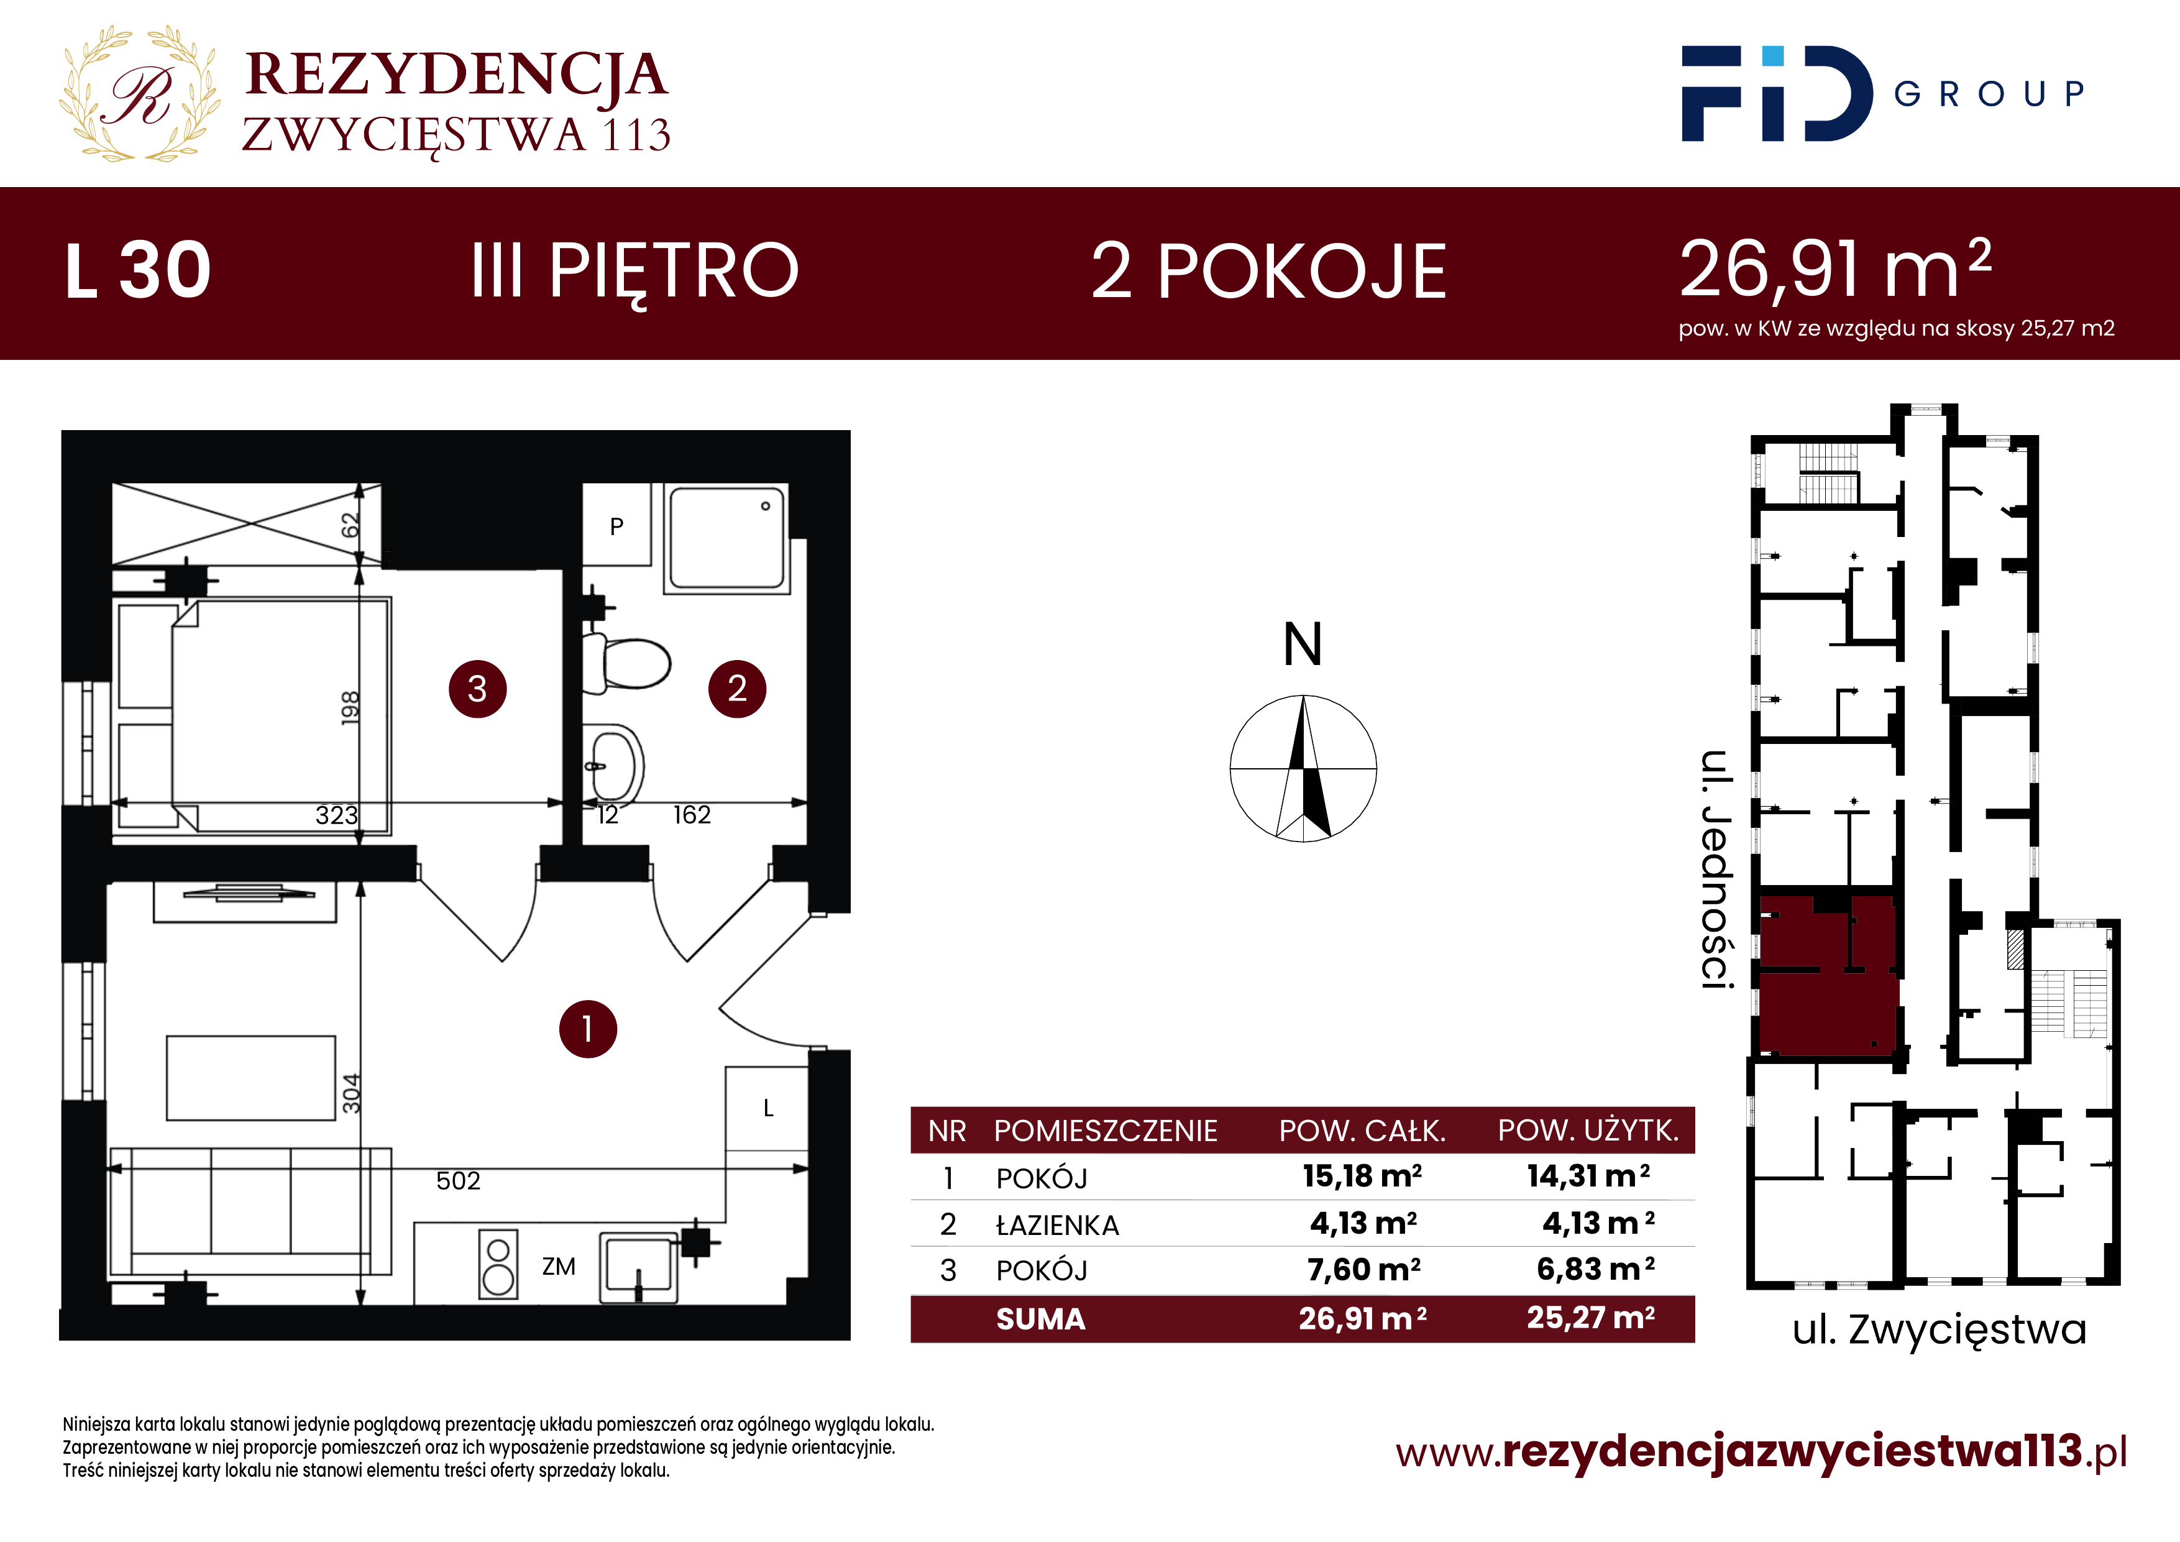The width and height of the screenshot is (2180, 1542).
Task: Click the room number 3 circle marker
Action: point(478,689)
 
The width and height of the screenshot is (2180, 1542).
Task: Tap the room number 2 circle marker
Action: point(737,689)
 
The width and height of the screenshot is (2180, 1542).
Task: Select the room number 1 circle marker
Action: point(588,1029)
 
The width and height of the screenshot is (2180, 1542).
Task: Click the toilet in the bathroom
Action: point(626,663)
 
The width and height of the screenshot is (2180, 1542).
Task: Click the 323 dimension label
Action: point(337,815)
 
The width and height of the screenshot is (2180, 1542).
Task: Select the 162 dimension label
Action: point(691,815)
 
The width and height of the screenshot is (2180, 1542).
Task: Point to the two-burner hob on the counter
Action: point(498,1264)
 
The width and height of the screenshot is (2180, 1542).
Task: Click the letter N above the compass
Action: point(1303,645)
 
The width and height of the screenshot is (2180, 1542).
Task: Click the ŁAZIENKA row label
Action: point(1057,1225)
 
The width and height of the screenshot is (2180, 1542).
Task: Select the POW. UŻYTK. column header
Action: point(1588,1130)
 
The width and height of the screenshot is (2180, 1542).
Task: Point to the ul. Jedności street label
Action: point(1716,870)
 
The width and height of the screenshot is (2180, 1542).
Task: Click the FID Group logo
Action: point(1883,94)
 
